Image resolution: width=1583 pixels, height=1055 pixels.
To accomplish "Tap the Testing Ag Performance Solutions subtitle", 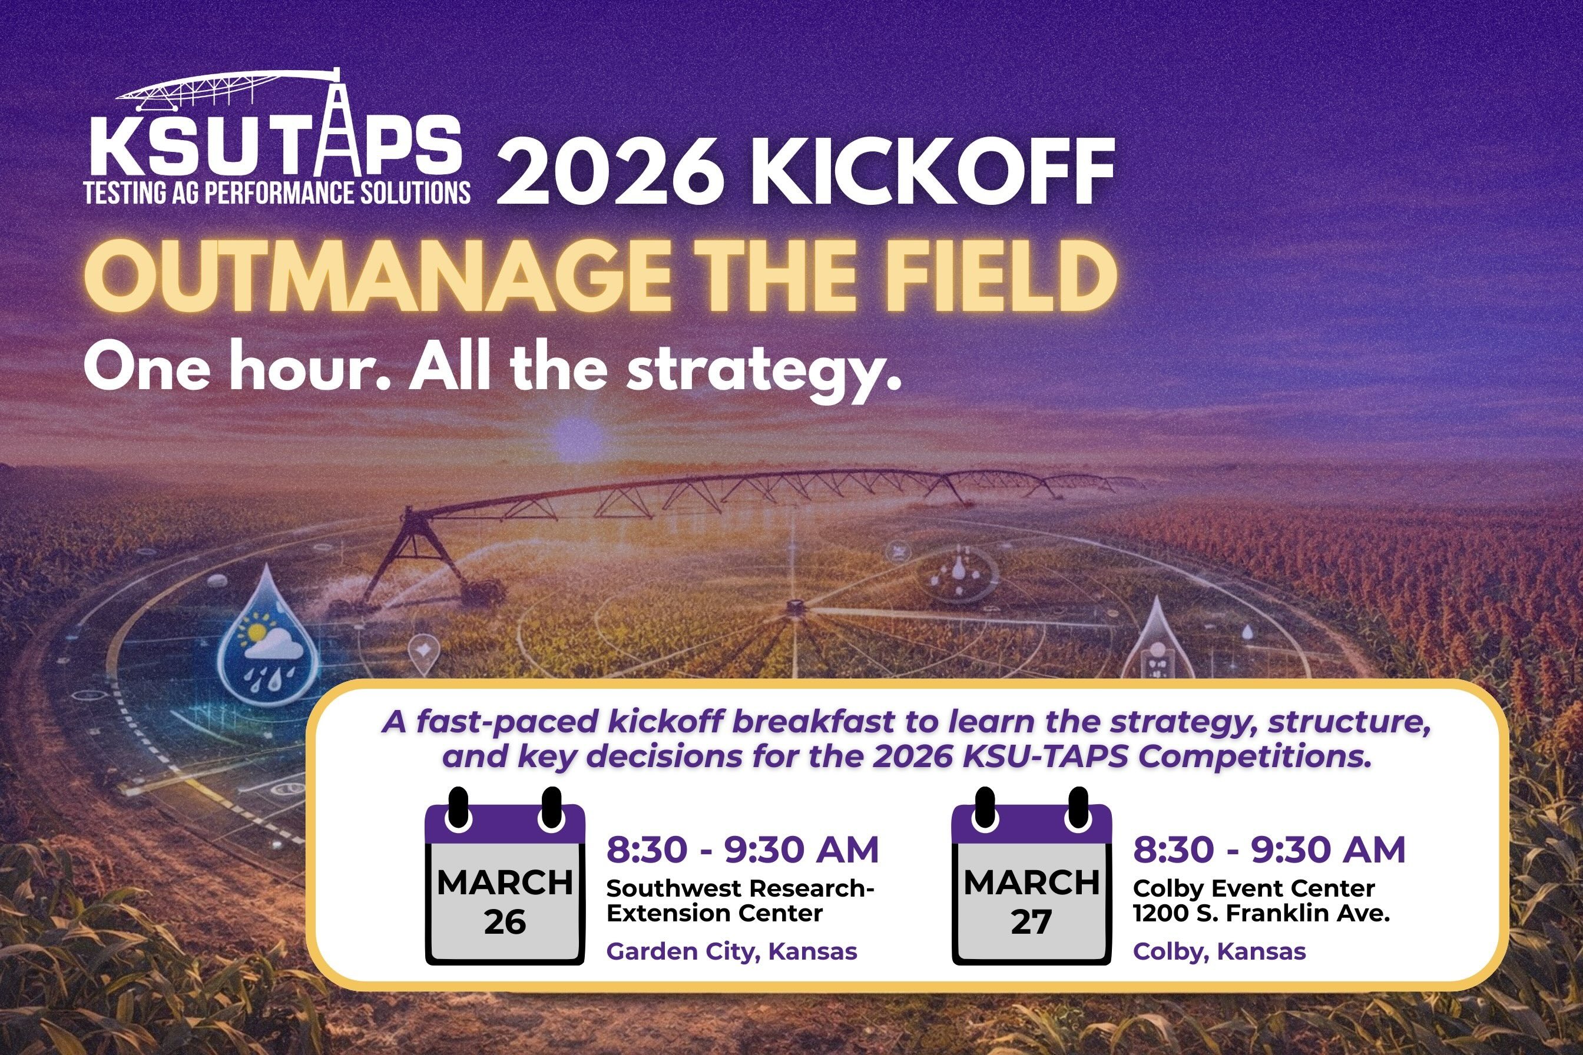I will (x=277, y=193).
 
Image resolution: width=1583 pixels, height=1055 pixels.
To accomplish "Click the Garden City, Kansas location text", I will (x=731, y=951).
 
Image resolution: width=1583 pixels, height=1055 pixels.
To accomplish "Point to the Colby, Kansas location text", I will (x=1219, y=951).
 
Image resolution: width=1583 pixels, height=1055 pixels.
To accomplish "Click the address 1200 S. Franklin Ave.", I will (x=1261, y=914).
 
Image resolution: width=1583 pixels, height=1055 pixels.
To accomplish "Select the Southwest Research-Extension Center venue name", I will (x=739, y=901).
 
